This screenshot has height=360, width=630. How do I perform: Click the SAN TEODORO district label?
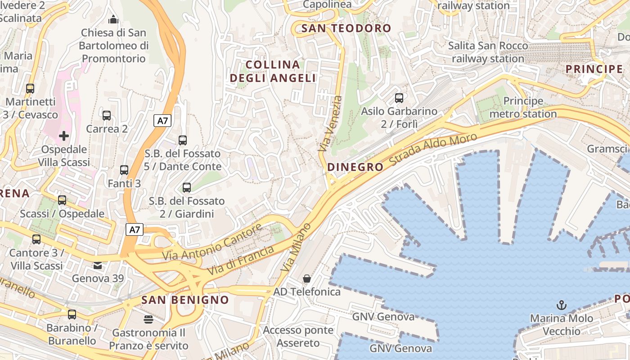[346, 28]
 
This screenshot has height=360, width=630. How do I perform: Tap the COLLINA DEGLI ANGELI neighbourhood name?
[273, 71]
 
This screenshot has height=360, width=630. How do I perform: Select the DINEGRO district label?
[355, 167]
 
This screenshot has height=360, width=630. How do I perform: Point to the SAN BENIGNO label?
[185, 300]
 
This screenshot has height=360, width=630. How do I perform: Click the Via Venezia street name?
[330, 123]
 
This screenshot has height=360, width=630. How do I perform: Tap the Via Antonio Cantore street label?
[212, 242]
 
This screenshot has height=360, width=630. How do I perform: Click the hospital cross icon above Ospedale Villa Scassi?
[64, 135]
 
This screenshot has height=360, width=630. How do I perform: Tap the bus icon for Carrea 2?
[107, 116]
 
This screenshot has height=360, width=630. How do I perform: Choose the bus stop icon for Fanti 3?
[124, 170]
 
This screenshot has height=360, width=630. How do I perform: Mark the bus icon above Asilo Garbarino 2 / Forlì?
[399, 98]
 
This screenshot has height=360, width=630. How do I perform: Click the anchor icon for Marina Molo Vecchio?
[561, 306]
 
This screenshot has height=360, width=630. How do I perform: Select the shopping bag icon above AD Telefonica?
[307, 279]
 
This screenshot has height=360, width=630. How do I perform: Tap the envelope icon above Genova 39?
[98, 265]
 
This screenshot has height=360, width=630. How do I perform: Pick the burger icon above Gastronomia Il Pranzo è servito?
[148, 319]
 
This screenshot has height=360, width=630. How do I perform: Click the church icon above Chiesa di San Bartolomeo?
[112, 19]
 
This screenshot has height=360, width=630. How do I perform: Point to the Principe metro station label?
[523, 107]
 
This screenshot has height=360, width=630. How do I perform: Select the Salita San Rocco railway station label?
[488, 52]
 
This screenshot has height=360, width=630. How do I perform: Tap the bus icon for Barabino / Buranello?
[72, 315]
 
